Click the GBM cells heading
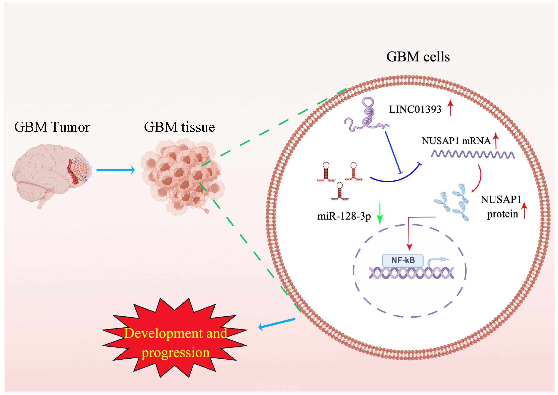[x=418, y=57]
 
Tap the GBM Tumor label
[x=52, y=127]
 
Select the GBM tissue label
[x=179, y=127]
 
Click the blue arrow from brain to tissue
[x=115, y=170]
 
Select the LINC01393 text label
[x=415, y=109]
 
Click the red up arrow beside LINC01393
[x=451, y=108]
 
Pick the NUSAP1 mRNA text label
[x=456, y=141]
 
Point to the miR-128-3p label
[x=344, y=216]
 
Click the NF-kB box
[x=403, y=260]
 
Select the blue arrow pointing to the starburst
[x=277, y=324]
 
